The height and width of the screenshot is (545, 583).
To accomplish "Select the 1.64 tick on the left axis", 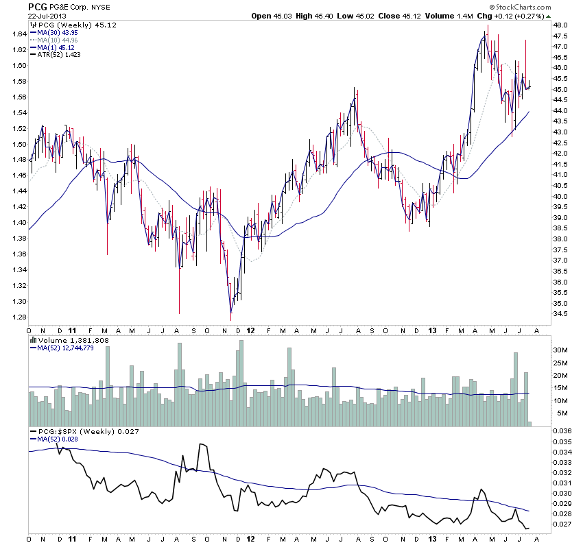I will pyautogui.click(x=18, y=34).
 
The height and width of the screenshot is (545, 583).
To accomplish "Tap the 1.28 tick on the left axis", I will pyautogui.click(x=18, y=317).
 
